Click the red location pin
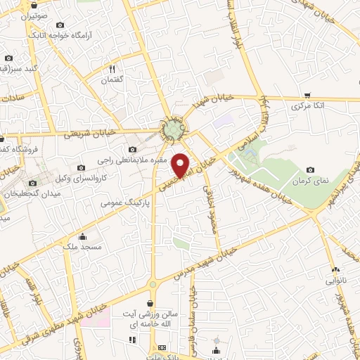tap(181, 164)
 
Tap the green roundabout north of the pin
tap(174, 129)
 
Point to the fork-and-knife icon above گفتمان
tap(112, 69)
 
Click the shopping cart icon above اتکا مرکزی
tap(308, 94)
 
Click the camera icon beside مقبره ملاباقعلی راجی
tap(132, 149)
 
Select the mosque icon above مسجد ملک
tap(84, 236)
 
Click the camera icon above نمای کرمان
tap(310, 169)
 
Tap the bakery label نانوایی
tap(335, 281)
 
